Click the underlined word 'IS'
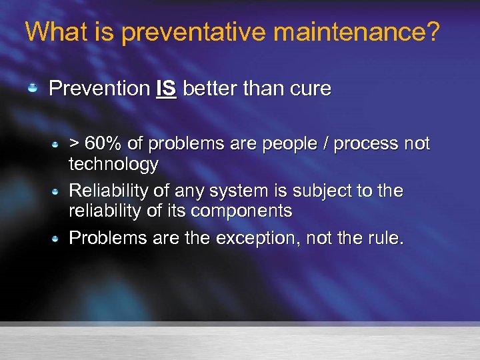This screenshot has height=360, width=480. [x=166, y=89]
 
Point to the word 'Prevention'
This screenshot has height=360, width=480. [x=99, y=89]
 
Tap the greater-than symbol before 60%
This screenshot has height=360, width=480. [x=75, y=143]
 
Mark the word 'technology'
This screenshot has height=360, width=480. [x=114, y=164]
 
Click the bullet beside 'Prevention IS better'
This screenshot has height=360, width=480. [x=32, y=89]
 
